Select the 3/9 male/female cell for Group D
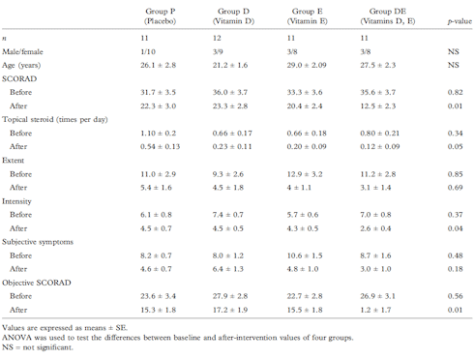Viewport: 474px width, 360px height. (x=247, y=51)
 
